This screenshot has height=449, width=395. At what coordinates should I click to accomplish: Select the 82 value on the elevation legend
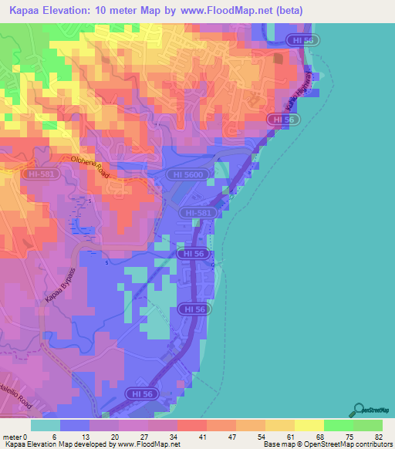tap(377, 437)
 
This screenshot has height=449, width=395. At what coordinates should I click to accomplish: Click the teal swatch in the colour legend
tap(45, 425)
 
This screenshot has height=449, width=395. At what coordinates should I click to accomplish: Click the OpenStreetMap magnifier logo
tap(360, 410)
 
